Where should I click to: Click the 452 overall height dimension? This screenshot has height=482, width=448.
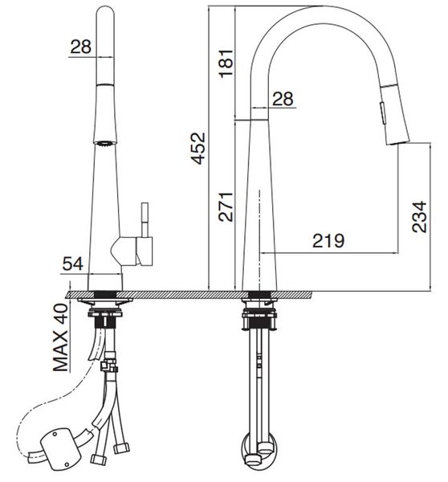click(198, 147)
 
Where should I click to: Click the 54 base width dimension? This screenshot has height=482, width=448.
click(72, 263)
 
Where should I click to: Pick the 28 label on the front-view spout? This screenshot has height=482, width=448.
click(80, 47)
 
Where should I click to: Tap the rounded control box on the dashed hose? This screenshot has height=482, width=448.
click(59, 451)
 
